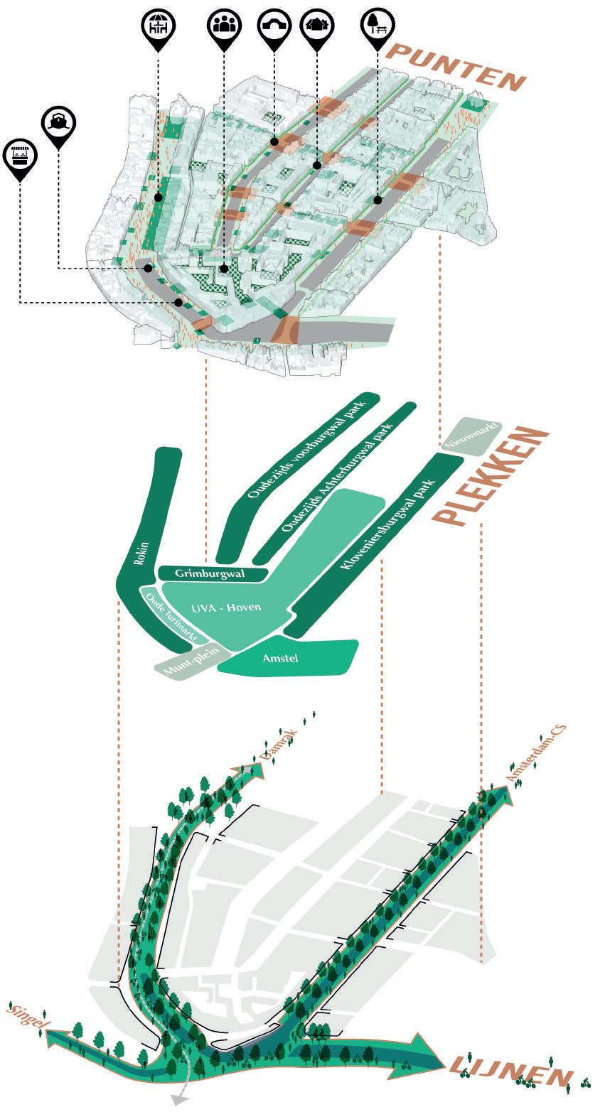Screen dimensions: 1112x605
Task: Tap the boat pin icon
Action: click(x=58, y=123)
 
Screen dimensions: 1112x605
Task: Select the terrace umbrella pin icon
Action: click(x=157, y=26)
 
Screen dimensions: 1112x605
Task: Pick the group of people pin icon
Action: click(x=223, y=26)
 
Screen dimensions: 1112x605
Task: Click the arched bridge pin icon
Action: click(x=274, y=26)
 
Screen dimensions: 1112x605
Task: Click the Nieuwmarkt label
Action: click(x=471, y=434)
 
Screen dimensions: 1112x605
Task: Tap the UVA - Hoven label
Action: click(x=226, y=608)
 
